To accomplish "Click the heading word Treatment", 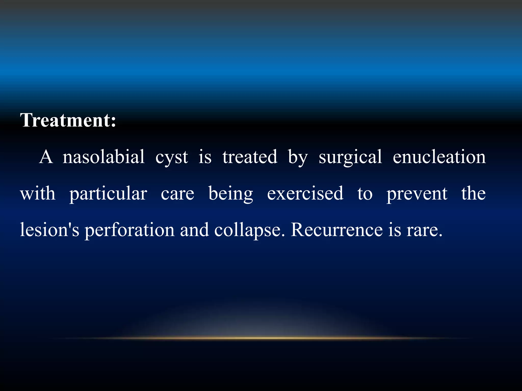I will pyautogui.click(x=68, y=120).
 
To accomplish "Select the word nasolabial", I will pyautogui.click(x=104, y=157).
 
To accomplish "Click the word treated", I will pyautogui.click(x=250, y=157).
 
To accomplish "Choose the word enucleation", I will pyautogui.click(x=439, y=157).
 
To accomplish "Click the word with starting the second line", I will pyautogui.click(x=38, y=193).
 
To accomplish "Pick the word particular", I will pyautogui.click(x=108, y=194).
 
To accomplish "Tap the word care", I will pyautogui.click(x=177, y=194).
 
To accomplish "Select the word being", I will pyautogui.click(x=231, y=194).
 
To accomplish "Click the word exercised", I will pyautogui.click(x=305, y=193).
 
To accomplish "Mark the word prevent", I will pyautogui.click(x=417, y=194).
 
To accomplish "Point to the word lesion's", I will pyautogui.click(x=49, y=230).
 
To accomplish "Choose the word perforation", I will pyautogui.click(x=129, y=230).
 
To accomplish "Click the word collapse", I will pyautogui.click(x=249, y=230).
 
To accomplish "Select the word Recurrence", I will pyautogui.click(x=336, y=230).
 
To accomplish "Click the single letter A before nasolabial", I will pyautogui.click(x=46, y=157).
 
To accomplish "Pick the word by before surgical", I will pyautogui.click(x=298, y=157).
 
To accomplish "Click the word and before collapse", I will pyautogui.click(x=194, y=230).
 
